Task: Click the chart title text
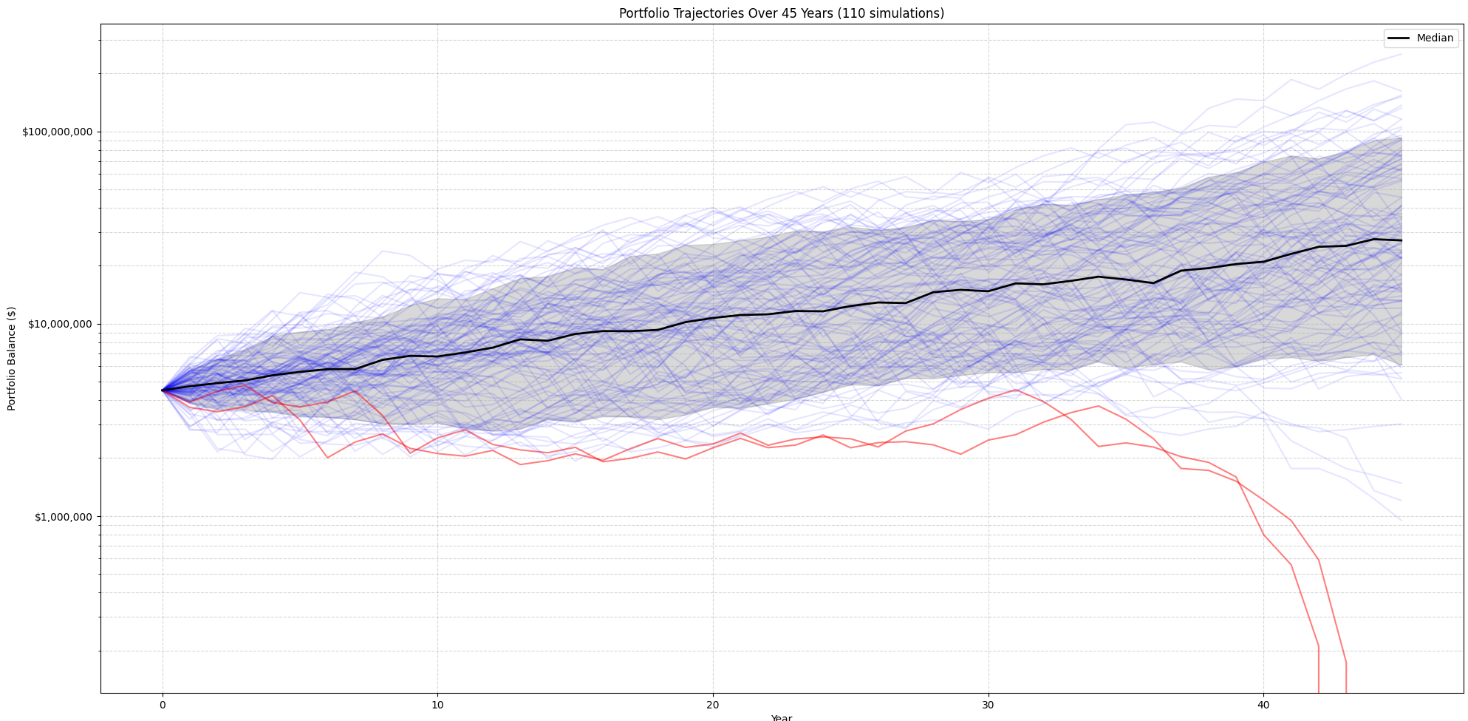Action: [781, 13]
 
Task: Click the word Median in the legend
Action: [1435, 38]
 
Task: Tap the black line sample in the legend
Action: [1399, 38]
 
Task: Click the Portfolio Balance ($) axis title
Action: [12, 359]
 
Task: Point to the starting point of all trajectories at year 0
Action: [163, 390]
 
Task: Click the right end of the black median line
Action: [1401, 240]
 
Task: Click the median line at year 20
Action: [713, 318]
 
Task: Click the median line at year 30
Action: [988, 291]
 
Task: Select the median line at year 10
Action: [437, 356]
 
